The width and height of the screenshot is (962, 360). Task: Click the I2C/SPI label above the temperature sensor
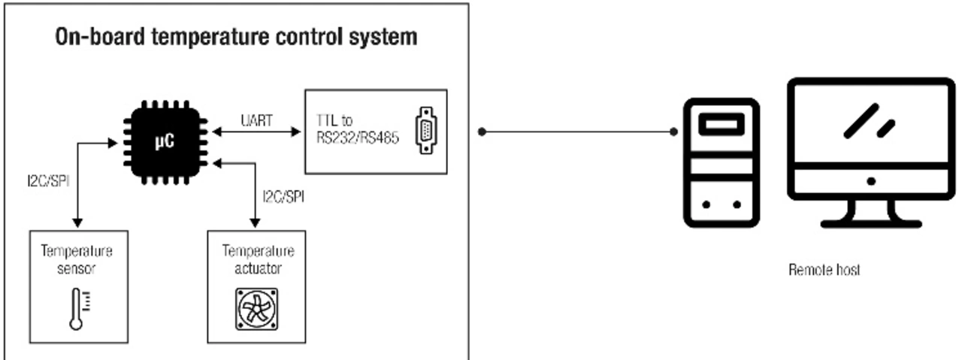click(x=48, y=182)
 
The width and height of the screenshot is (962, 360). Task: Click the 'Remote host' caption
click(x=824, y=270)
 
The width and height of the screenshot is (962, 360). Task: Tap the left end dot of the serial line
click(x=482, y=132)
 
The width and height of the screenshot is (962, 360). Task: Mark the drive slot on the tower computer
click(x=720, y=123)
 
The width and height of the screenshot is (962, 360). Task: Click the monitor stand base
click(x=870, y=222)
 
